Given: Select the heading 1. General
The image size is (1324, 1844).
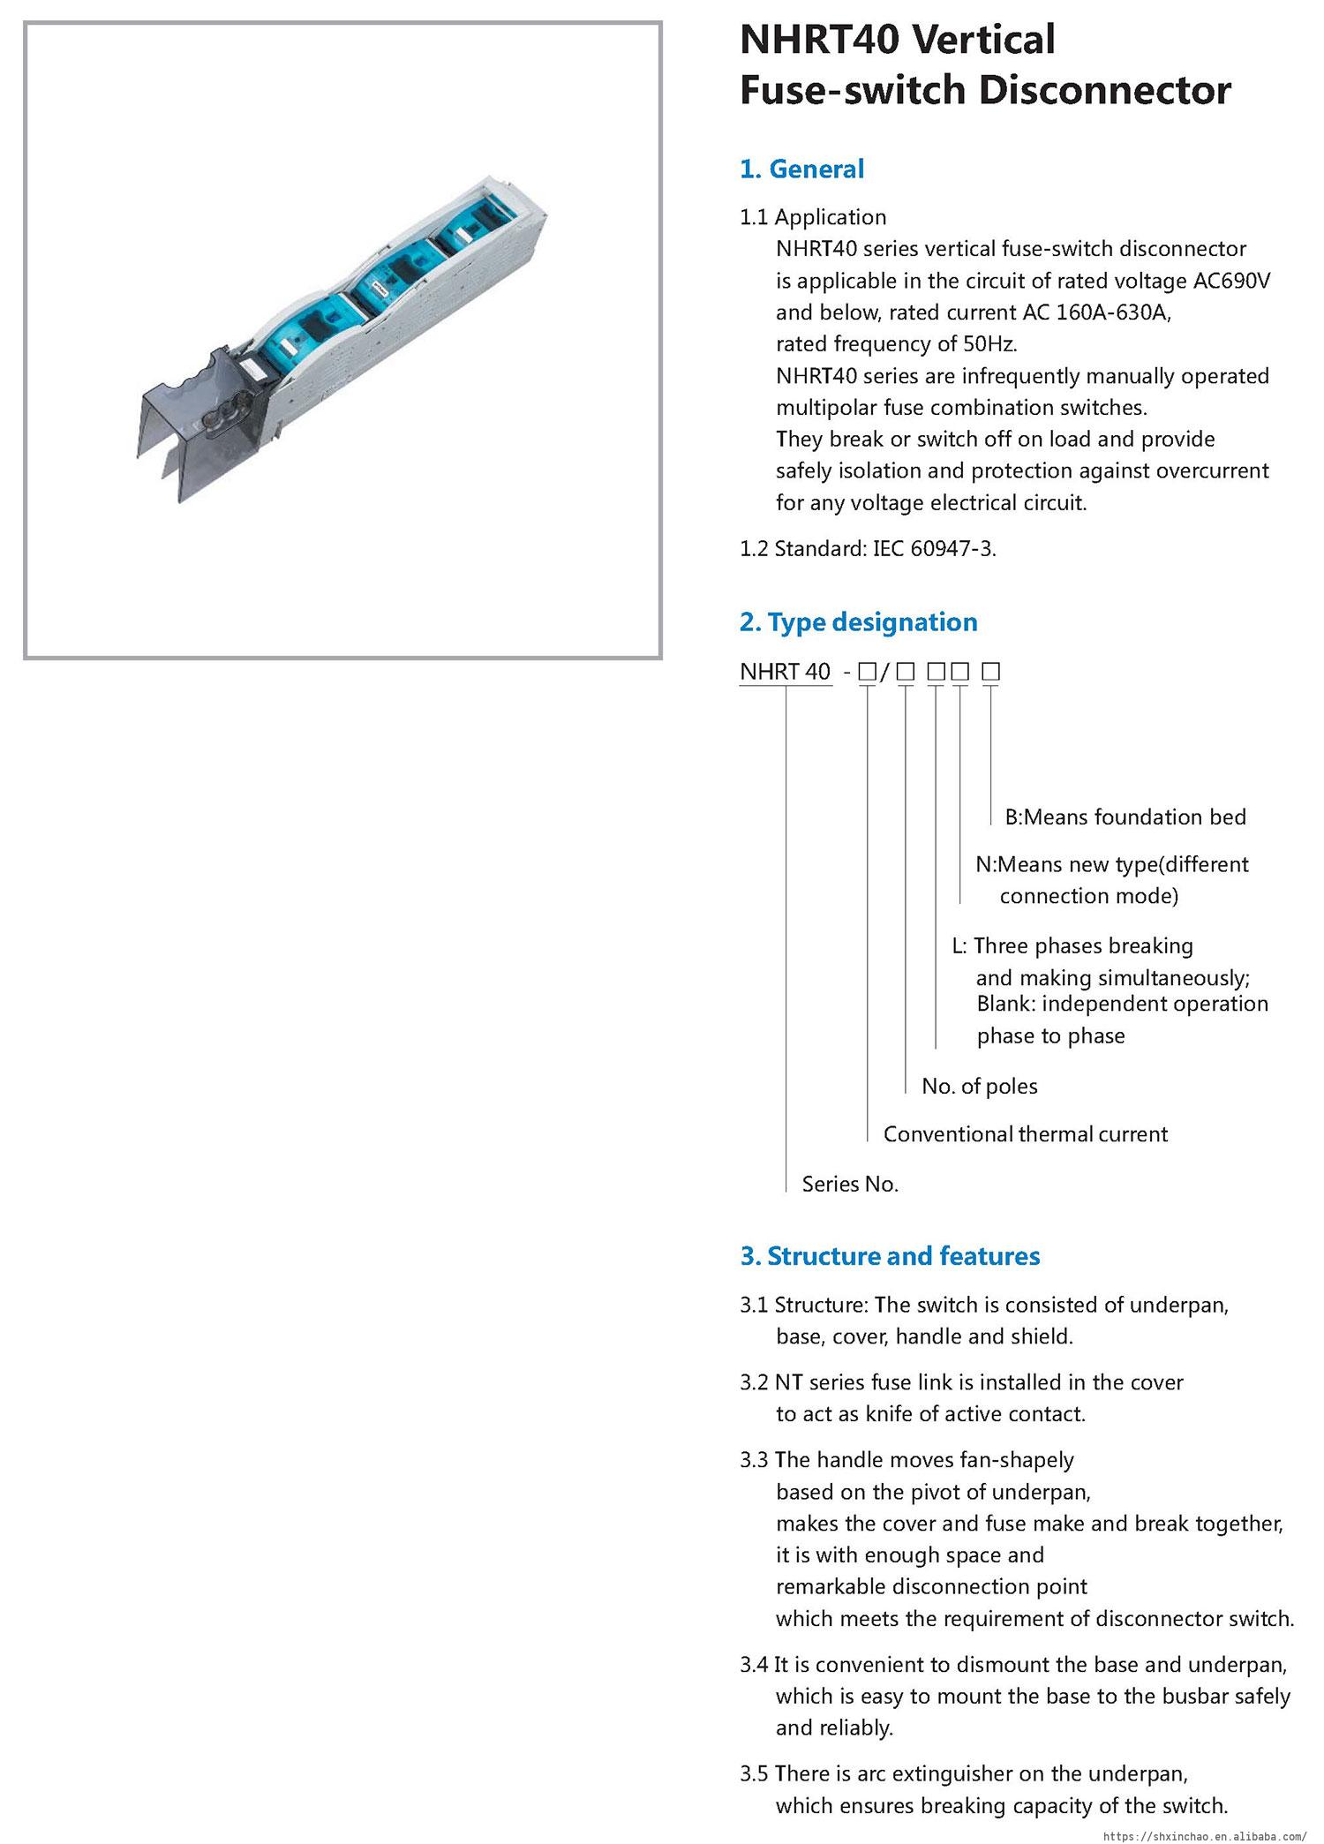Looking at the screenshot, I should click(x=801, y=169).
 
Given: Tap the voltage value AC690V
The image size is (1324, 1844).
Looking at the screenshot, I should click(x=1232, y=281).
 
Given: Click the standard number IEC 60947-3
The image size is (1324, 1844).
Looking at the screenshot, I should click(x=934, y=549).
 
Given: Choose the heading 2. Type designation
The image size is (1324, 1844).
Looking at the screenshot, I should click(x=858, y=622).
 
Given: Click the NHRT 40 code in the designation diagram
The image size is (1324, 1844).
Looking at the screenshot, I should click(x=785, y=672).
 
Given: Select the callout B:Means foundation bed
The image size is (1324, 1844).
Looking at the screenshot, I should click(x=1125, y=817).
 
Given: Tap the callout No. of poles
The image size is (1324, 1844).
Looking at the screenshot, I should click(x=980, y=1087).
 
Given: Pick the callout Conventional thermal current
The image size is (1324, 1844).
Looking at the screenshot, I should click(x=1025, y=1134).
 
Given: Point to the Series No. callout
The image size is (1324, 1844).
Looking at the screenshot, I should click(x=850, y=1185).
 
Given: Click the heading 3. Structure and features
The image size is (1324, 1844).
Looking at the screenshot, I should click(x=890, y=1256).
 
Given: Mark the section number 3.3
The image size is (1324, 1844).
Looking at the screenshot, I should click(x=755, y=1460).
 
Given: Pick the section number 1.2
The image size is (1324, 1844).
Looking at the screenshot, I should click(x=754, y=549).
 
